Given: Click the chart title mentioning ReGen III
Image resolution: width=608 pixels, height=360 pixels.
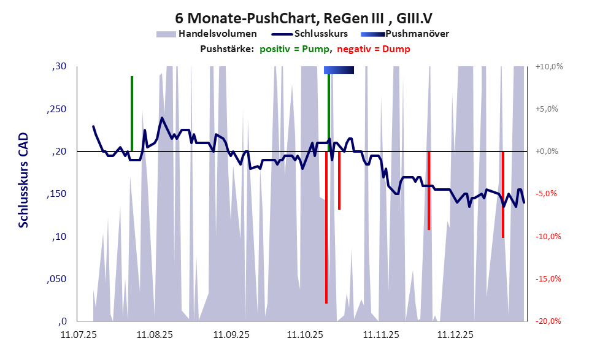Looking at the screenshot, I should [304, 18].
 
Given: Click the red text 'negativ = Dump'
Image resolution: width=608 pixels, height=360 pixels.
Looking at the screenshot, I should [374, 49].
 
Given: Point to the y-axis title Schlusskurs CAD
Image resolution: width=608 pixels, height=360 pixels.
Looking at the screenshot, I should [23, 182].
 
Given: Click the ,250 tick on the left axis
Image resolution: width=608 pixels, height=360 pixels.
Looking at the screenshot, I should [57, 109].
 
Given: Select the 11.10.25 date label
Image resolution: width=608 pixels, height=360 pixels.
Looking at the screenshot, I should [305, 335].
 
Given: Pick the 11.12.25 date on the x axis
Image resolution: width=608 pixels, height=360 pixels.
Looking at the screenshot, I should [454, 335].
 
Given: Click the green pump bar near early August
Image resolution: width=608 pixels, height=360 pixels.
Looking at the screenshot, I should [132, 113].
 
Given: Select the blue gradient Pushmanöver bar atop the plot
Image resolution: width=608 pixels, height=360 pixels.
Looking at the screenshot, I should [339, 71].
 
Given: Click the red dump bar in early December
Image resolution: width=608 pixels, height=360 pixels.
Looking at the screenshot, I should [429, 190].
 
